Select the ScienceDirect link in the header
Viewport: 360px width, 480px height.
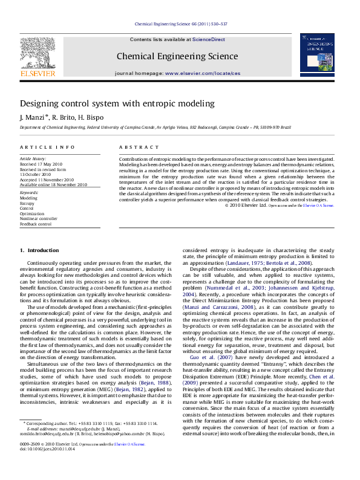208,39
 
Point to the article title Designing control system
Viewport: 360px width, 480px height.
117,103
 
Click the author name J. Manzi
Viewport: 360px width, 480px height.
32,117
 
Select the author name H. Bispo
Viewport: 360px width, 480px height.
90,117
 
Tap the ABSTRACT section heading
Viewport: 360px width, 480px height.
134,148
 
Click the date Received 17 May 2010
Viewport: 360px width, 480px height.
41,164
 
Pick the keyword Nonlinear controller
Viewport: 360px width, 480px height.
39,219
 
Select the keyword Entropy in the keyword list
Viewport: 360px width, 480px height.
27,203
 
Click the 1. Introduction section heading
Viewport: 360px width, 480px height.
39,250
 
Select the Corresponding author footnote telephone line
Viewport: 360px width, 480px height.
91,441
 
